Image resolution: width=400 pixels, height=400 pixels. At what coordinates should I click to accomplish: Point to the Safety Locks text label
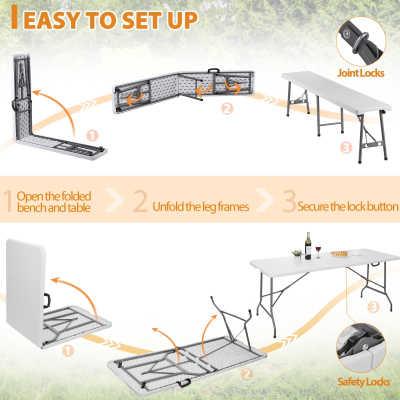pos(363,382)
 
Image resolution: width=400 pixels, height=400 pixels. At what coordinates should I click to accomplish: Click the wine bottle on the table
pos(308,246)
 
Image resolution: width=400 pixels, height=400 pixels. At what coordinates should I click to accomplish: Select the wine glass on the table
pos(318,250)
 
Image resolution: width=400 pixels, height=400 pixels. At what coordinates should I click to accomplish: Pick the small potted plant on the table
pos(297,255)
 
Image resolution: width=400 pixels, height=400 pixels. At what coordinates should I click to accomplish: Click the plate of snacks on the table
pos(339,254)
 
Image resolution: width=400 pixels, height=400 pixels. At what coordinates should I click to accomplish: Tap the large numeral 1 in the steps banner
pos(8,201)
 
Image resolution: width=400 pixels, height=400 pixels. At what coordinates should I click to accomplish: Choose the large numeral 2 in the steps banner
pos(140,201)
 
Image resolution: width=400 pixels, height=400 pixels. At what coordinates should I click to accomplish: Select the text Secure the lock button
pos(348,206)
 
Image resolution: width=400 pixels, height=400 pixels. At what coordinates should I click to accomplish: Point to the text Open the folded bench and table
pos(54,201)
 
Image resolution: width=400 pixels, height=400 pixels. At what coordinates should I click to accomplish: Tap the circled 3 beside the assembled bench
pos(346,147)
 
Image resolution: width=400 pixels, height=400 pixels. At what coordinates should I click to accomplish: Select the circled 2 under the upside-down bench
pos(227,108)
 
